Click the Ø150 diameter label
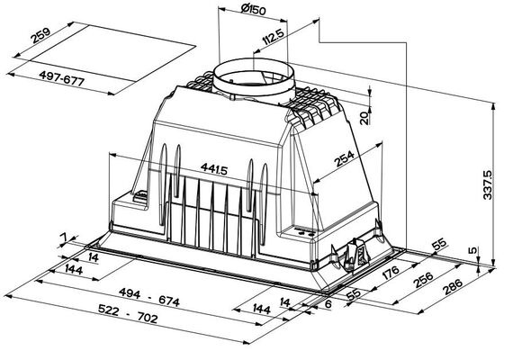pyautogui.click(x=253, y=9)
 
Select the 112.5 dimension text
pyautogui.click(x=273, y=37)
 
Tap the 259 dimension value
pyautogui.click(x=40, y=36)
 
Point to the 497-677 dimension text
pyautogui.click(x=62, y=78)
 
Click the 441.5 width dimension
pyautogui.click(x=213, y=168)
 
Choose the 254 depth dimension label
pyautogui.click(x=344, y=158)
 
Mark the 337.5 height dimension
pyautogui.click(x=487, y=184)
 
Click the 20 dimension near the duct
pyautogui.click(x=364, y=118)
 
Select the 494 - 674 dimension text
pyautogui.click(x=149, y=297)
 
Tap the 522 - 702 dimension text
pyautogui.click(x=128, y=313)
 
